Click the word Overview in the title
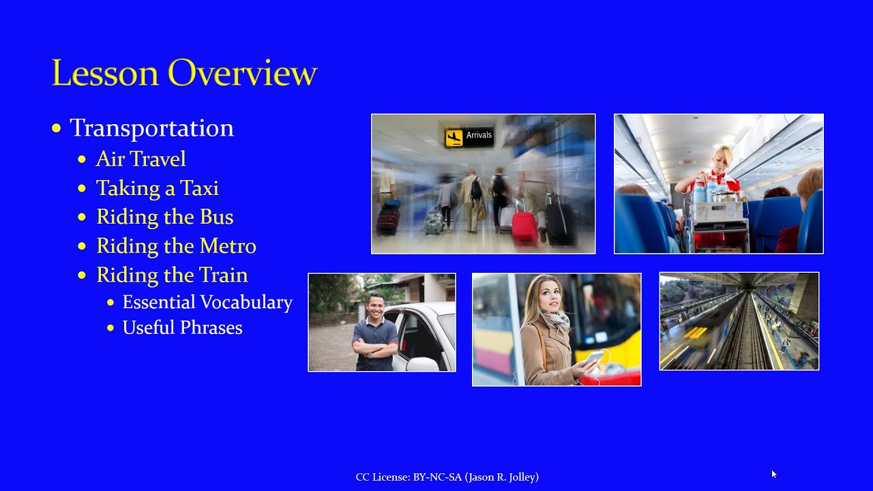[x=242, y=73]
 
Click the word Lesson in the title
[x=105, y=73]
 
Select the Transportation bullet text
[x=151, y=128]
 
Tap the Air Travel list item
[x=141, y=159]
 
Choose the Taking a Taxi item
[x=158, y=188]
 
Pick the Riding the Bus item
[x=165, y=217]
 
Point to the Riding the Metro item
[x=177, y=246]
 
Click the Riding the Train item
[x=173, y=276]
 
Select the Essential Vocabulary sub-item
[x=207, y=302]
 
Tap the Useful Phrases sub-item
[x=183, y=328]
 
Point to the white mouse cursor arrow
[x=774, y=474]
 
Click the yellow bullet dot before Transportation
[x=57, y=129]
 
